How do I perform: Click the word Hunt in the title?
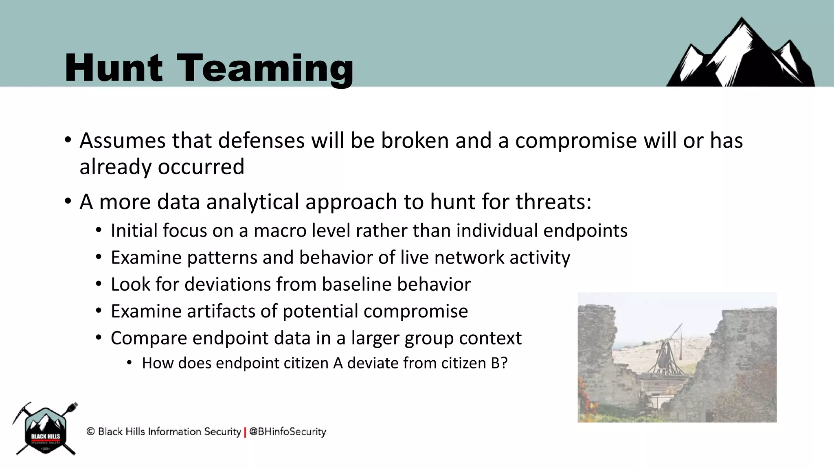pos(113,68)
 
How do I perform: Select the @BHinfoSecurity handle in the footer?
pos(288,432)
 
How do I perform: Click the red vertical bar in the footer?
pos(245,432)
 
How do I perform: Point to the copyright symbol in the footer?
pos(90,432)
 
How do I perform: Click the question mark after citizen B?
pos(504,363)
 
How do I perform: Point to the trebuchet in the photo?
pos(668,354)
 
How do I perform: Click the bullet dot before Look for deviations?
pos(99,284)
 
